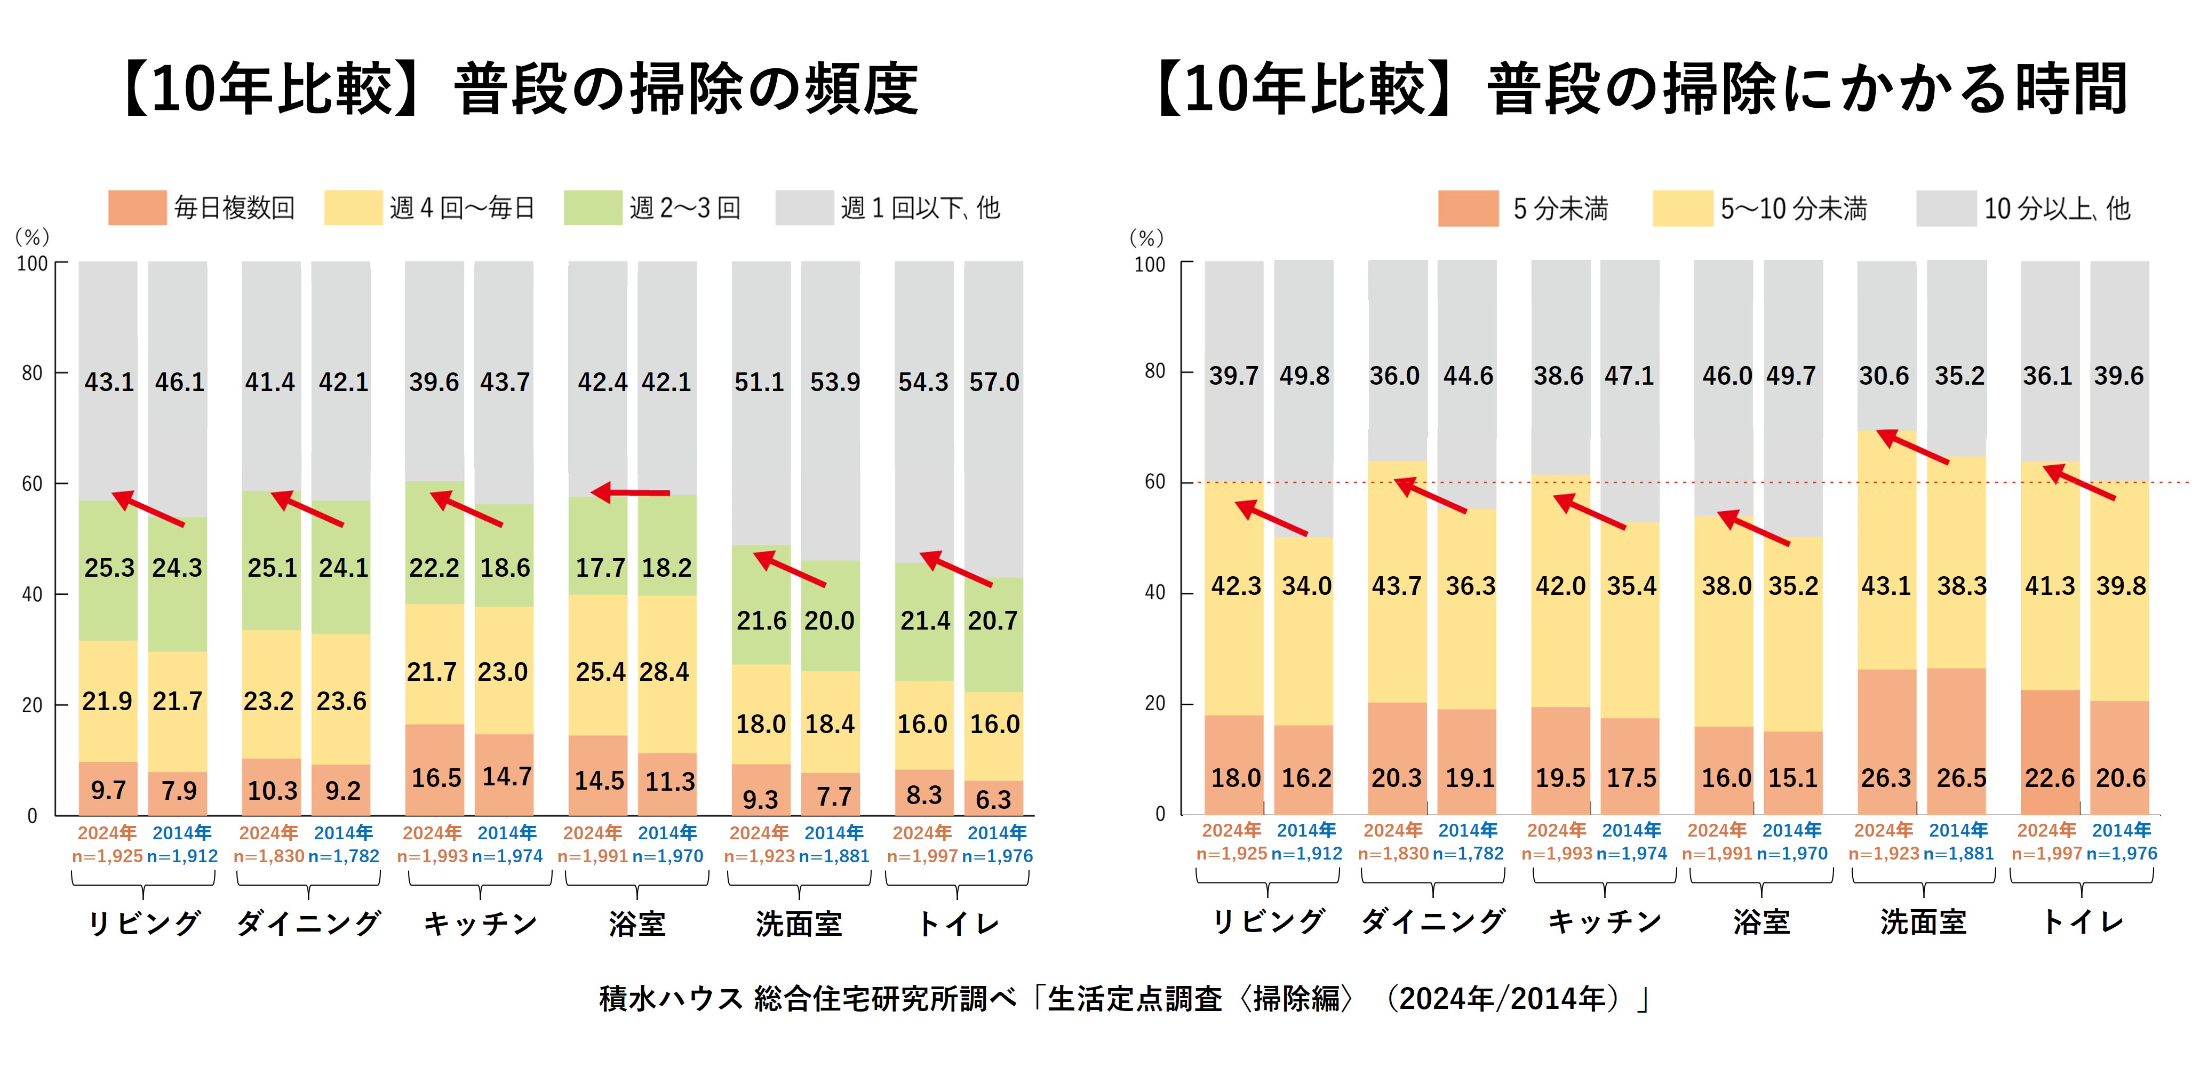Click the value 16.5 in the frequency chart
(436, 778)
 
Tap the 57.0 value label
(994, 381)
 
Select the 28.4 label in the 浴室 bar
(664, 671)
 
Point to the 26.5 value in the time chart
(1961, 778)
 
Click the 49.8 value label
(1304, 376)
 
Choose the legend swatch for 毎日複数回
(137, 208)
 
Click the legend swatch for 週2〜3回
(593, 208)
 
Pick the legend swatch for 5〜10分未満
(1683, 208)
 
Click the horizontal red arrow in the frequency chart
(631, 492)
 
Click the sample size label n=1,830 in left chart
(268, 856)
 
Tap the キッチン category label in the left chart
(480, 924)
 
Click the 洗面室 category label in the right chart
(1924, 921)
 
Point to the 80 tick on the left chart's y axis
(31, 373)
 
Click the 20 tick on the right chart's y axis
(1155, 703)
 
